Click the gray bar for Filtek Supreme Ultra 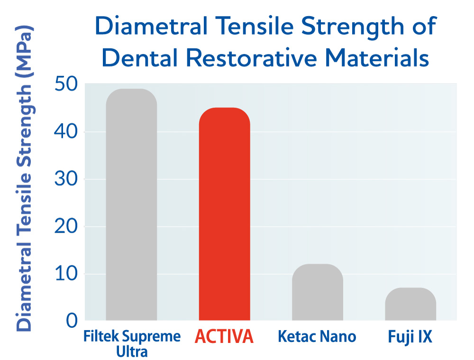tap(131, 205)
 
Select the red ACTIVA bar tap(224, 214)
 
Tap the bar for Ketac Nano tap(318, 292)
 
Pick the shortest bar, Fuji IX tap(410, 304)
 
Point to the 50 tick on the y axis tap(66, 84)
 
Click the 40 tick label tap(66, 132)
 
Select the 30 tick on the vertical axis tap(66, 179)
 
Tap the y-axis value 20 tap(66, 226)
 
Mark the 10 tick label tap(66, 274)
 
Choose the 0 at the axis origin tap(72, 321)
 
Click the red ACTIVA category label tap(224, 336)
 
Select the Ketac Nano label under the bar tap(317, 336)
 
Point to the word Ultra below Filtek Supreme tap(132, 351)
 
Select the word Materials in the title tap(377, 57)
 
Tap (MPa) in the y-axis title tap(24, 52)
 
